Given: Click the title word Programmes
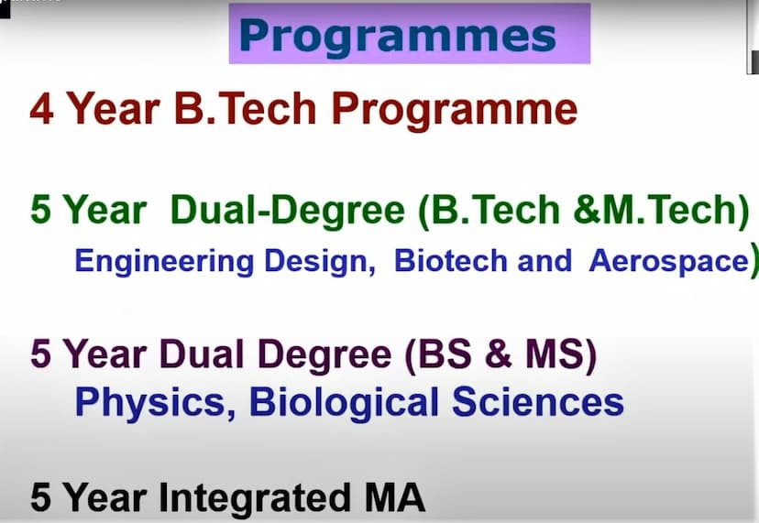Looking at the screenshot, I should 397,37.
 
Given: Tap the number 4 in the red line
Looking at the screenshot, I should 41,110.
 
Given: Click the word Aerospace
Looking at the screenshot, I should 668,261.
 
